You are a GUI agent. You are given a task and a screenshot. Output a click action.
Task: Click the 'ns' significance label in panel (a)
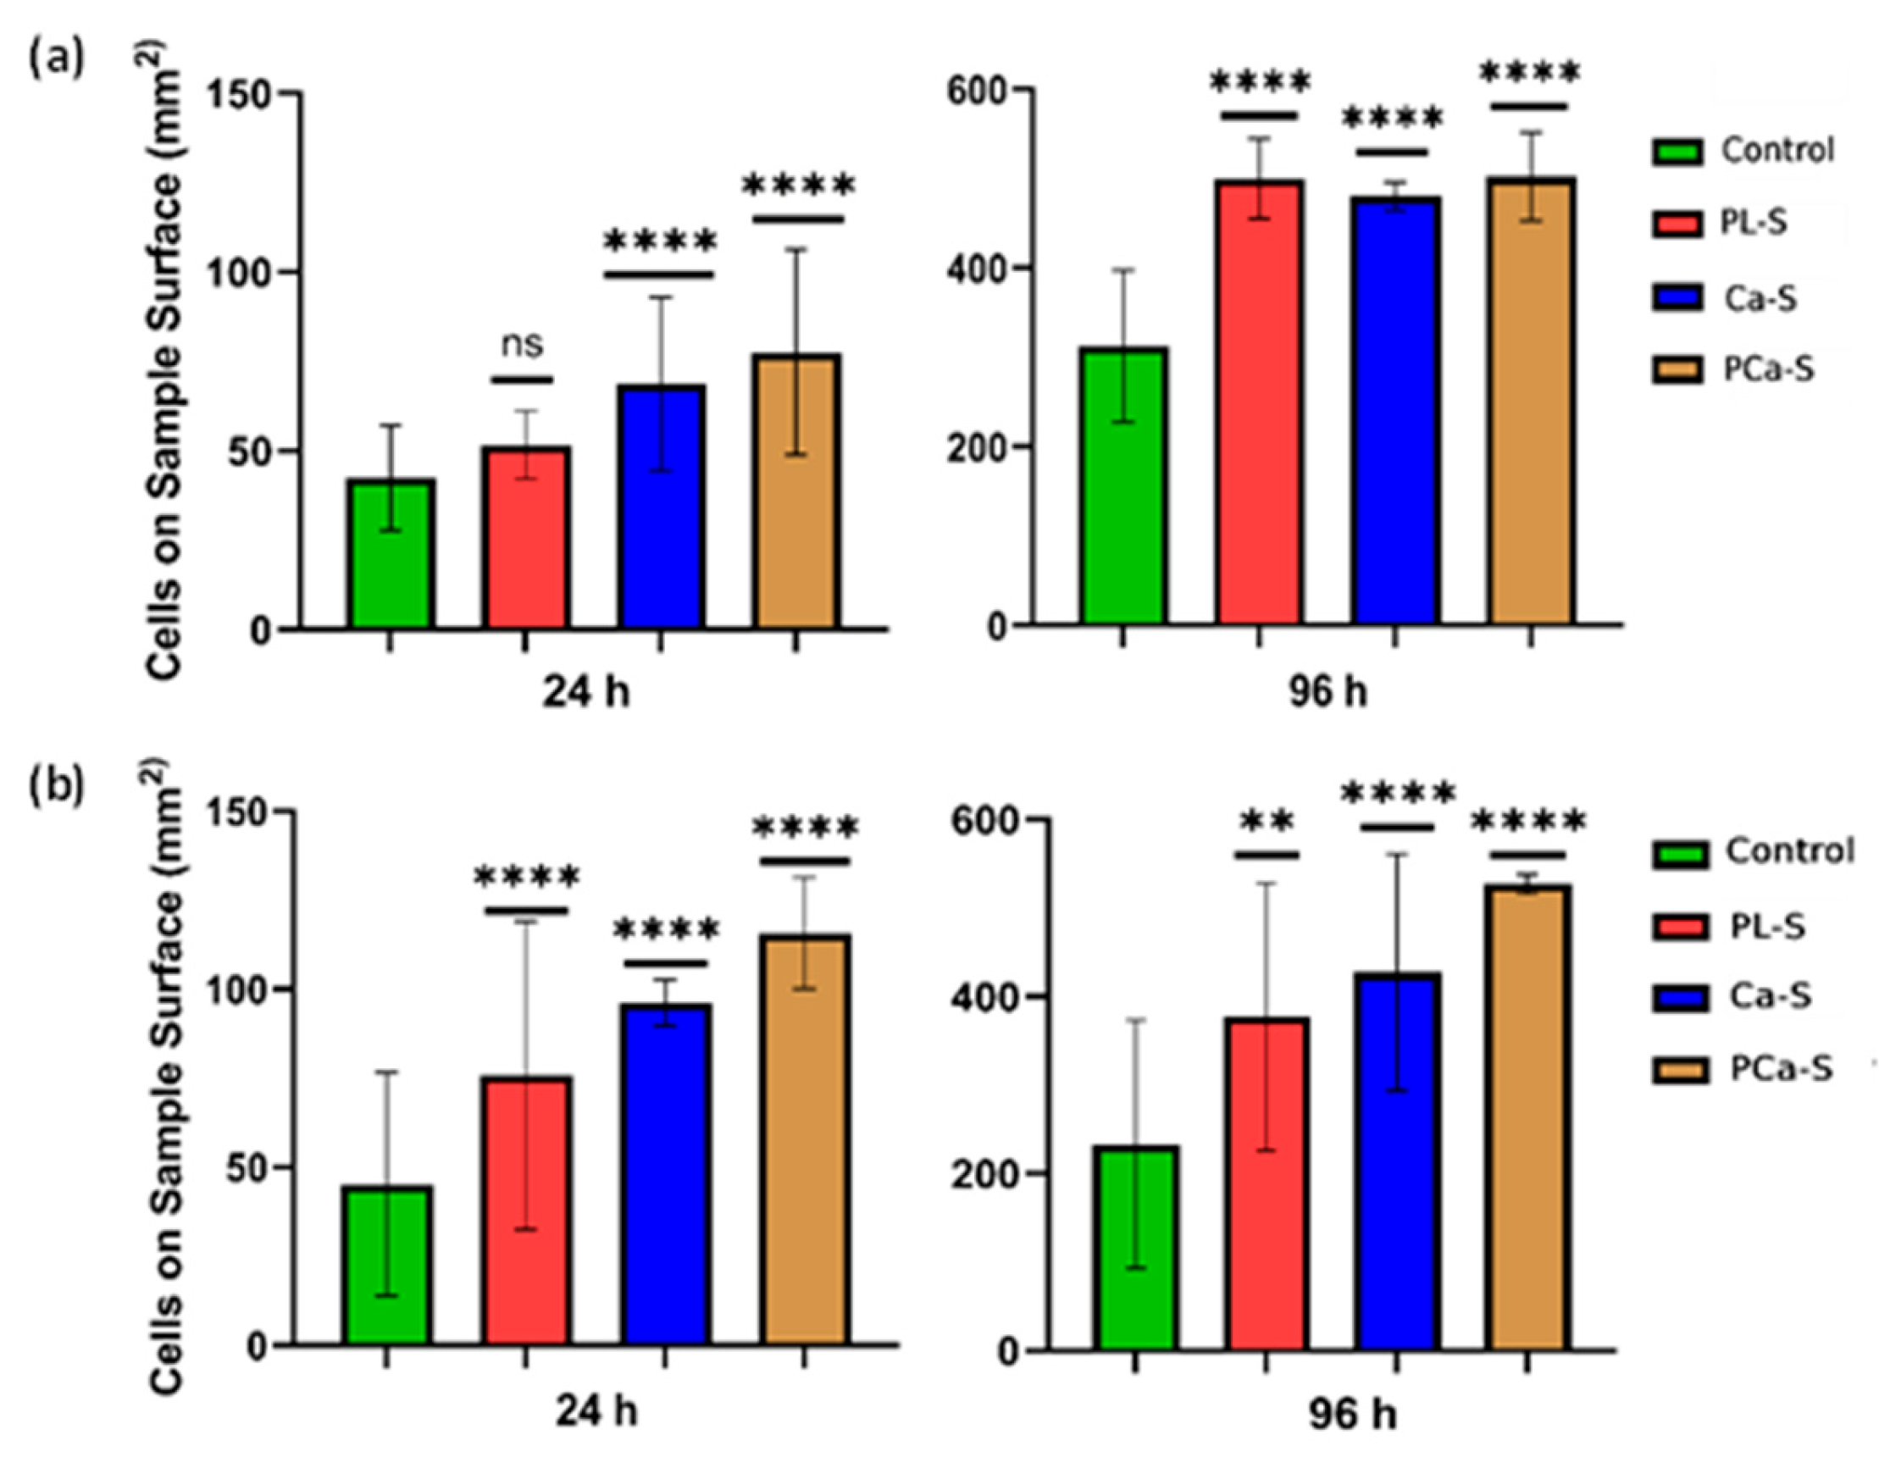(522, 345)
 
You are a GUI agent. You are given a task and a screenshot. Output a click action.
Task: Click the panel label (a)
(57, 60)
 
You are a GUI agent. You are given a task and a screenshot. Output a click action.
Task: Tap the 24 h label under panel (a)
(585, 691)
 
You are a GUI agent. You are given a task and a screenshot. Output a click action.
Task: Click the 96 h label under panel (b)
(1351, 1413)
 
